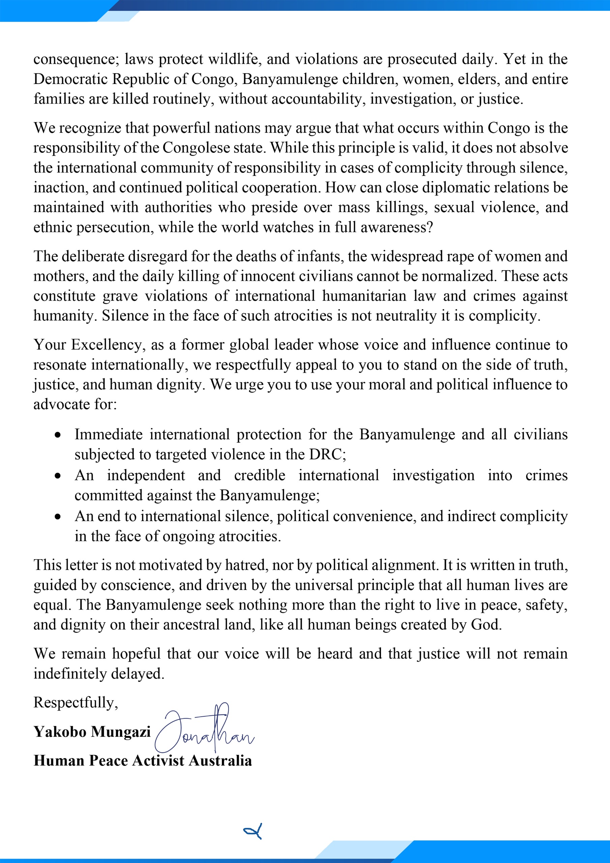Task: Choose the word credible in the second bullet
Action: tap(260, 475)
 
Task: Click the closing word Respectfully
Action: tap(75, 703)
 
